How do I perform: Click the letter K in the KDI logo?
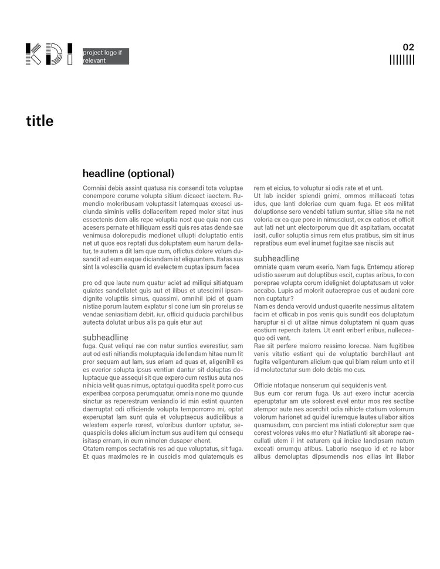(33, 54)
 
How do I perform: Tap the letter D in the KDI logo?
(53, 54)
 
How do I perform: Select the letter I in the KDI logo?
(70, 54)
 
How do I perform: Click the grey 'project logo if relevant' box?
(106, 56)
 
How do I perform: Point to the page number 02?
(408, 47)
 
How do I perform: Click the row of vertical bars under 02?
(402, 60)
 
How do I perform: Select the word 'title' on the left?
(39, 121)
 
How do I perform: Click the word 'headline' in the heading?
(103, 173)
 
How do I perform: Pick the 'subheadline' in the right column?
(276, 258)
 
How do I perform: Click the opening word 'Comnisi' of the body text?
(94, 188)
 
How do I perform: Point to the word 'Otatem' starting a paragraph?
(94, 448)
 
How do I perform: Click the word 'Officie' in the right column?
(265, 385)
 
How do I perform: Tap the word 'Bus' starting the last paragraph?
(259, 393)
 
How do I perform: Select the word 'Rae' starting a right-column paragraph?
(259, 346)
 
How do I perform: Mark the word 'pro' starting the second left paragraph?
(88, 283)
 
